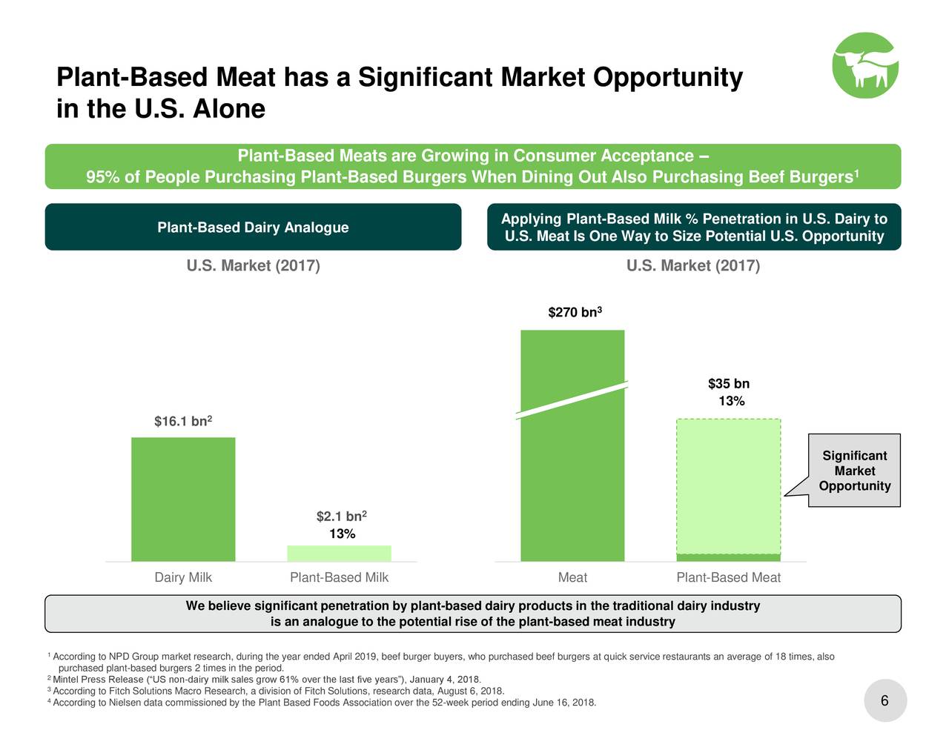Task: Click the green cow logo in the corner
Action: pyautogui.click(x=865, y=65)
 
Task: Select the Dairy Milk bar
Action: pyautogui.click(x=183, y=499)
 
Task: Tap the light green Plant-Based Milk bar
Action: pyautogui.click(x=339, y=553)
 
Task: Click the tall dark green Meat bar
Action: pyautogui.click(x=572, y=482)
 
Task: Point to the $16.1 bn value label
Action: pyautogui.click(x=183, y=422)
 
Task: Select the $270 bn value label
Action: pyautogui.click(x=574, y=313)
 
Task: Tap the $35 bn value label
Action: pyautogui.click(x=729, y=384)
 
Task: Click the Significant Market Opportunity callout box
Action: pyautogui.click(x=854, y=471)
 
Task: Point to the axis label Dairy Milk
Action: pyautogui.click(x=183, y=577)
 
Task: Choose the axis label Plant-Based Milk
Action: pyautogui.click(x=339, y=577)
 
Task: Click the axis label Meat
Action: pyautogui.click(x=572, y=577)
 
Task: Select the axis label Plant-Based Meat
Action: pyautogui.click(x=728, y=577)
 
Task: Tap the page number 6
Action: pyautogui.click(x=884, y=701)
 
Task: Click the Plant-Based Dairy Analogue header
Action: pyautogui.click(x=253, y=227)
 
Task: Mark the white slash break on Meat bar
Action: pyautogui.click(x=572, y=400)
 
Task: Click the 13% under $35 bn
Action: pyautogui.click(x=731, y=402)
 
